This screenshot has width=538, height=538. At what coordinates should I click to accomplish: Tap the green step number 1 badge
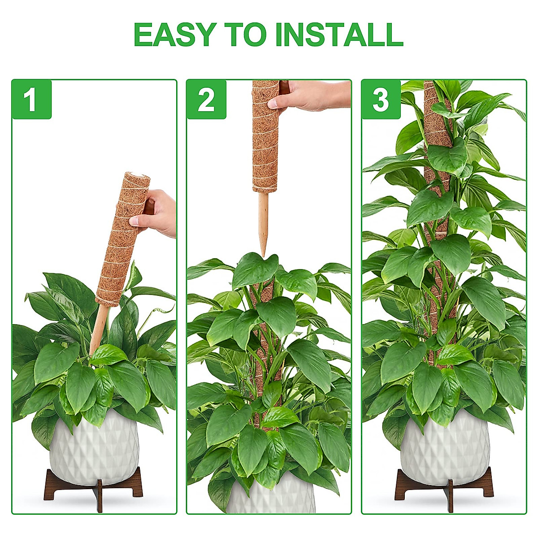tap(31, 100)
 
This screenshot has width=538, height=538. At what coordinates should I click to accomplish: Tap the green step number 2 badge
tap(206, 100)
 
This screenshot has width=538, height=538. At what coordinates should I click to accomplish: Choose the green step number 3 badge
tap(381, 100)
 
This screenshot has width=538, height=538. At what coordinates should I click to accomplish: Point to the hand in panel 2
tap(314, 95)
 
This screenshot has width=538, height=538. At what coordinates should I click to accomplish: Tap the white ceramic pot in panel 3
tap(444, 444)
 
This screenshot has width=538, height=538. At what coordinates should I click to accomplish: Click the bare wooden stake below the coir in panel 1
tap(99, 327)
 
